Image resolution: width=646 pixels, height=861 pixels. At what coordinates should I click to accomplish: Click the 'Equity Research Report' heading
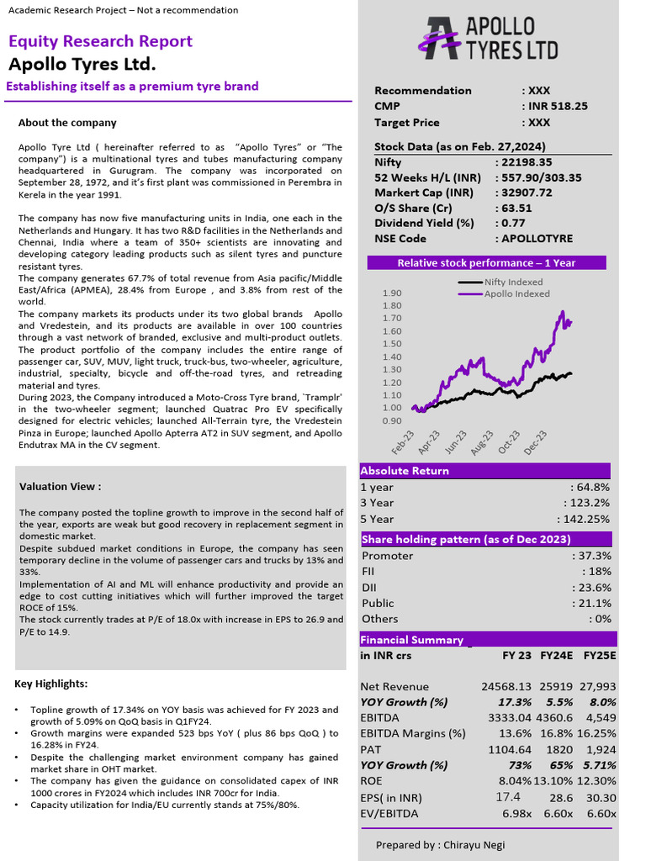pyautogui.click(x=100, y=41)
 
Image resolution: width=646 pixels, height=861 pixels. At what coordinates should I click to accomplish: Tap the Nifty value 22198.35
pyautogui.click(x=527, y=162)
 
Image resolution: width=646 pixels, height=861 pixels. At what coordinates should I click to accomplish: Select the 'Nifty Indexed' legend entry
pyautogui.click(x=514, y=283)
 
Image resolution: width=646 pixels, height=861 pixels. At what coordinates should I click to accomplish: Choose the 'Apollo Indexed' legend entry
pyautogui.click(x=516, y=294)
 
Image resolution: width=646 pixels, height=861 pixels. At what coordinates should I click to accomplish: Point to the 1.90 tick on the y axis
pyautogui.click(x=392, y=293)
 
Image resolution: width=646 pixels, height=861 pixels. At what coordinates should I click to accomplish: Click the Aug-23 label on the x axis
pyautogui.click(x=480, y=443)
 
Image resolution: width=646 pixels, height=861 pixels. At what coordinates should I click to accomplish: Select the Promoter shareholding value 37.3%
pyautogui.click(x=592, y=556)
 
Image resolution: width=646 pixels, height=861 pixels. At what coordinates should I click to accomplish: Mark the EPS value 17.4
pyautogui.click(x=508, y=796)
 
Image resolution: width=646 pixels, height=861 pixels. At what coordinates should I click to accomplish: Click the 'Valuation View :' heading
pyautogui.click(x=60, y=486)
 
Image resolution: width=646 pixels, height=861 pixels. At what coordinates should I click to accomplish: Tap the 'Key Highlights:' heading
pyautogui.click(x=50, y=684)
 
